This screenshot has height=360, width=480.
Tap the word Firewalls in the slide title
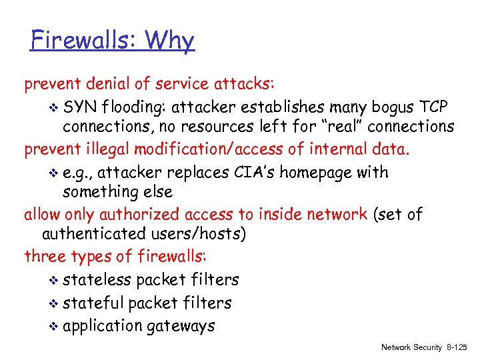click(81, 41)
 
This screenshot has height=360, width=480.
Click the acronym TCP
click(434, 107)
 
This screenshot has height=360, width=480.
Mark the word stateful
click(93, 303)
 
